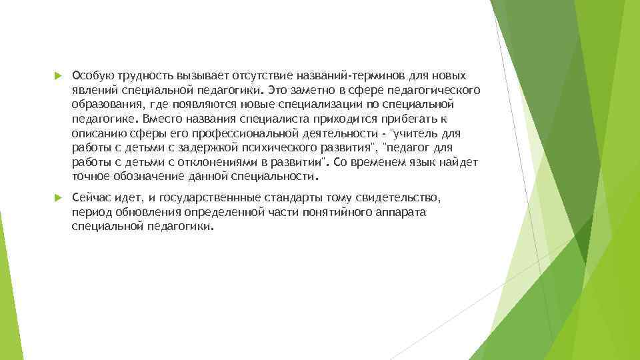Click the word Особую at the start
[x=90, y=75]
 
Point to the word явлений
[x=91, y=89]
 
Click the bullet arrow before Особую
[x=58, y=76]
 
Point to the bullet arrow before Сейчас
[x=58, y=199]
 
